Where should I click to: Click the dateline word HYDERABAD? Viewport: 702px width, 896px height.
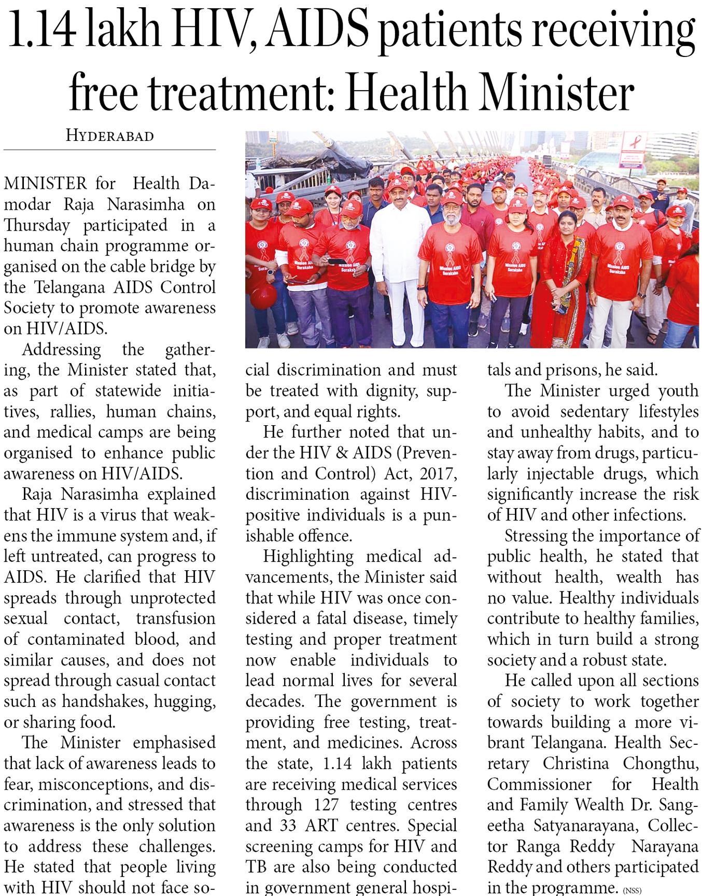coord(109,136)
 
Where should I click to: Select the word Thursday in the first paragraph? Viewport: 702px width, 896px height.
coord(37,225)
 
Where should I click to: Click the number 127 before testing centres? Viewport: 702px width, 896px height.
coord(326,805)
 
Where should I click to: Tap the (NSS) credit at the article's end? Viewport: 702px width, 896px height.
coord(632,890)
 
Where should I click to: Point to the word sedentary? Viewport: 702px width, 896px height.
coord(593,411)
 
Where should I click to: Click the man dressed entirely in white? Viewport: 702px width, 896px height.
coord(399,259)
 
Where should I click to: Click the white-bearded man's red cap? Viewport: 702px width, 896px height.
coord(451,197)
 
